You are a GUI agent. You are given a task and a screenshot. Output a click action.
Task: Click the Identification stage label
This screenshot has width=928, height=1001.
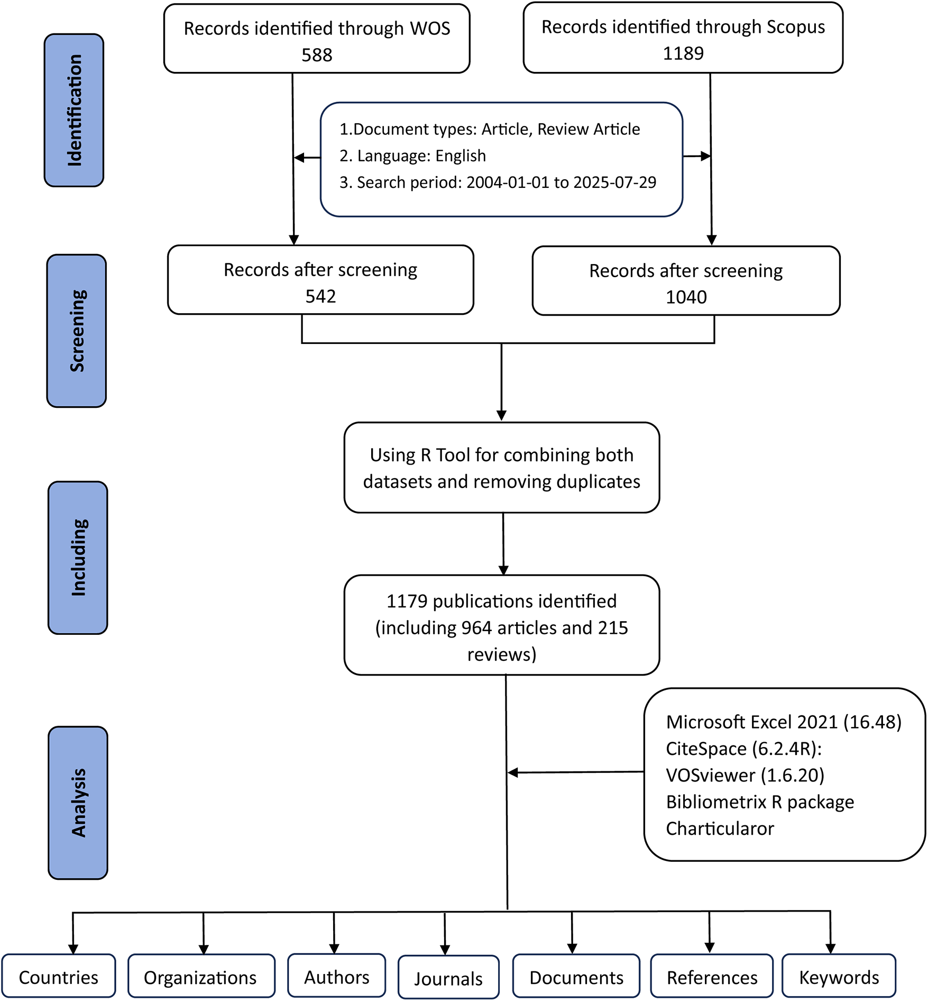click(74, 110)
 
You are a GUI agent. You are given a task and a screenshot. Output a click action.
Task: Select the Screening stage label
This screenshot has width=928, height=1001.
click(77, 331)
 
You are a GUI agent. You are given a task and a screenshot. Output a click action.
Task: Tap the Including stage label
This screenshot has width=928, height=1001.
click(78, 558)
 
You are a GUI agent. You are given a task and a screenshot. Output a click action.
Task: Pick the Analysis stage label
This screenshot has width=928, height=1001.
click(78, 803)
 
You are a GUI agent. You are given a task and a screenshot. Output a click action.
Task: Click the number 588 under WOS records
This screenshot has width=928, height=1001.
click(317, 55)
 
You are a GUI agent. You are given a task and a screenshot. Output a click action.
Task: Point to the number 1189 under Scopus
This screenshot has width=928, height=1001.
click(683, 53)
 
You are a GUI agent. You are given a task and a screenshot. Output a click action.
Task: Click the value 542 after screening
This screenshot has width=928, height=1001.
click(320, 296)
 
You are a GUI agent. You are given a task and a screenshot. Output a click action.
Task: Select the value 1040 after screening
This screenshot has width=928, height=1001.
click(686, 297)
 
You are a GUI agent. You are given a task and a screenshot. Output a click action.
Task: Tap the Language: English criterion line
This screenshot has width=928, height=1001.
click(412, 156)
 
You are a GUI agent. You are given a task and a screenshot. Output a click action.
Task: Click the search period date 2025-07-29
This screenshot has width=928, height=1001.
click(614, 183)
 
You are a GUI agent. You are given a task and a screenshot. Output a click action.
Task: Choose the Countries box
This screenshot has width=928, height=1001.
click(59, 977)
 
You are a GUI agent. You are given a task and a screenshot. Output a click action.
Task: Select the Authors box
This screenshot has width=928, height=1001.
click(336, 977)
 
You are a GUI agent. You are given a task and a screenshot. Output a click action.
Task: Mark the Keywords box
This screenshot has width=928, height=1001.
click(839, 977)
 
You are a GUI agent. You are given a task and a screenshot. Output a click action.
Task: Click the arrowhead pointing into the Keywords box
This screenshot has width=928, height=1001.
click(831, 949)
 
